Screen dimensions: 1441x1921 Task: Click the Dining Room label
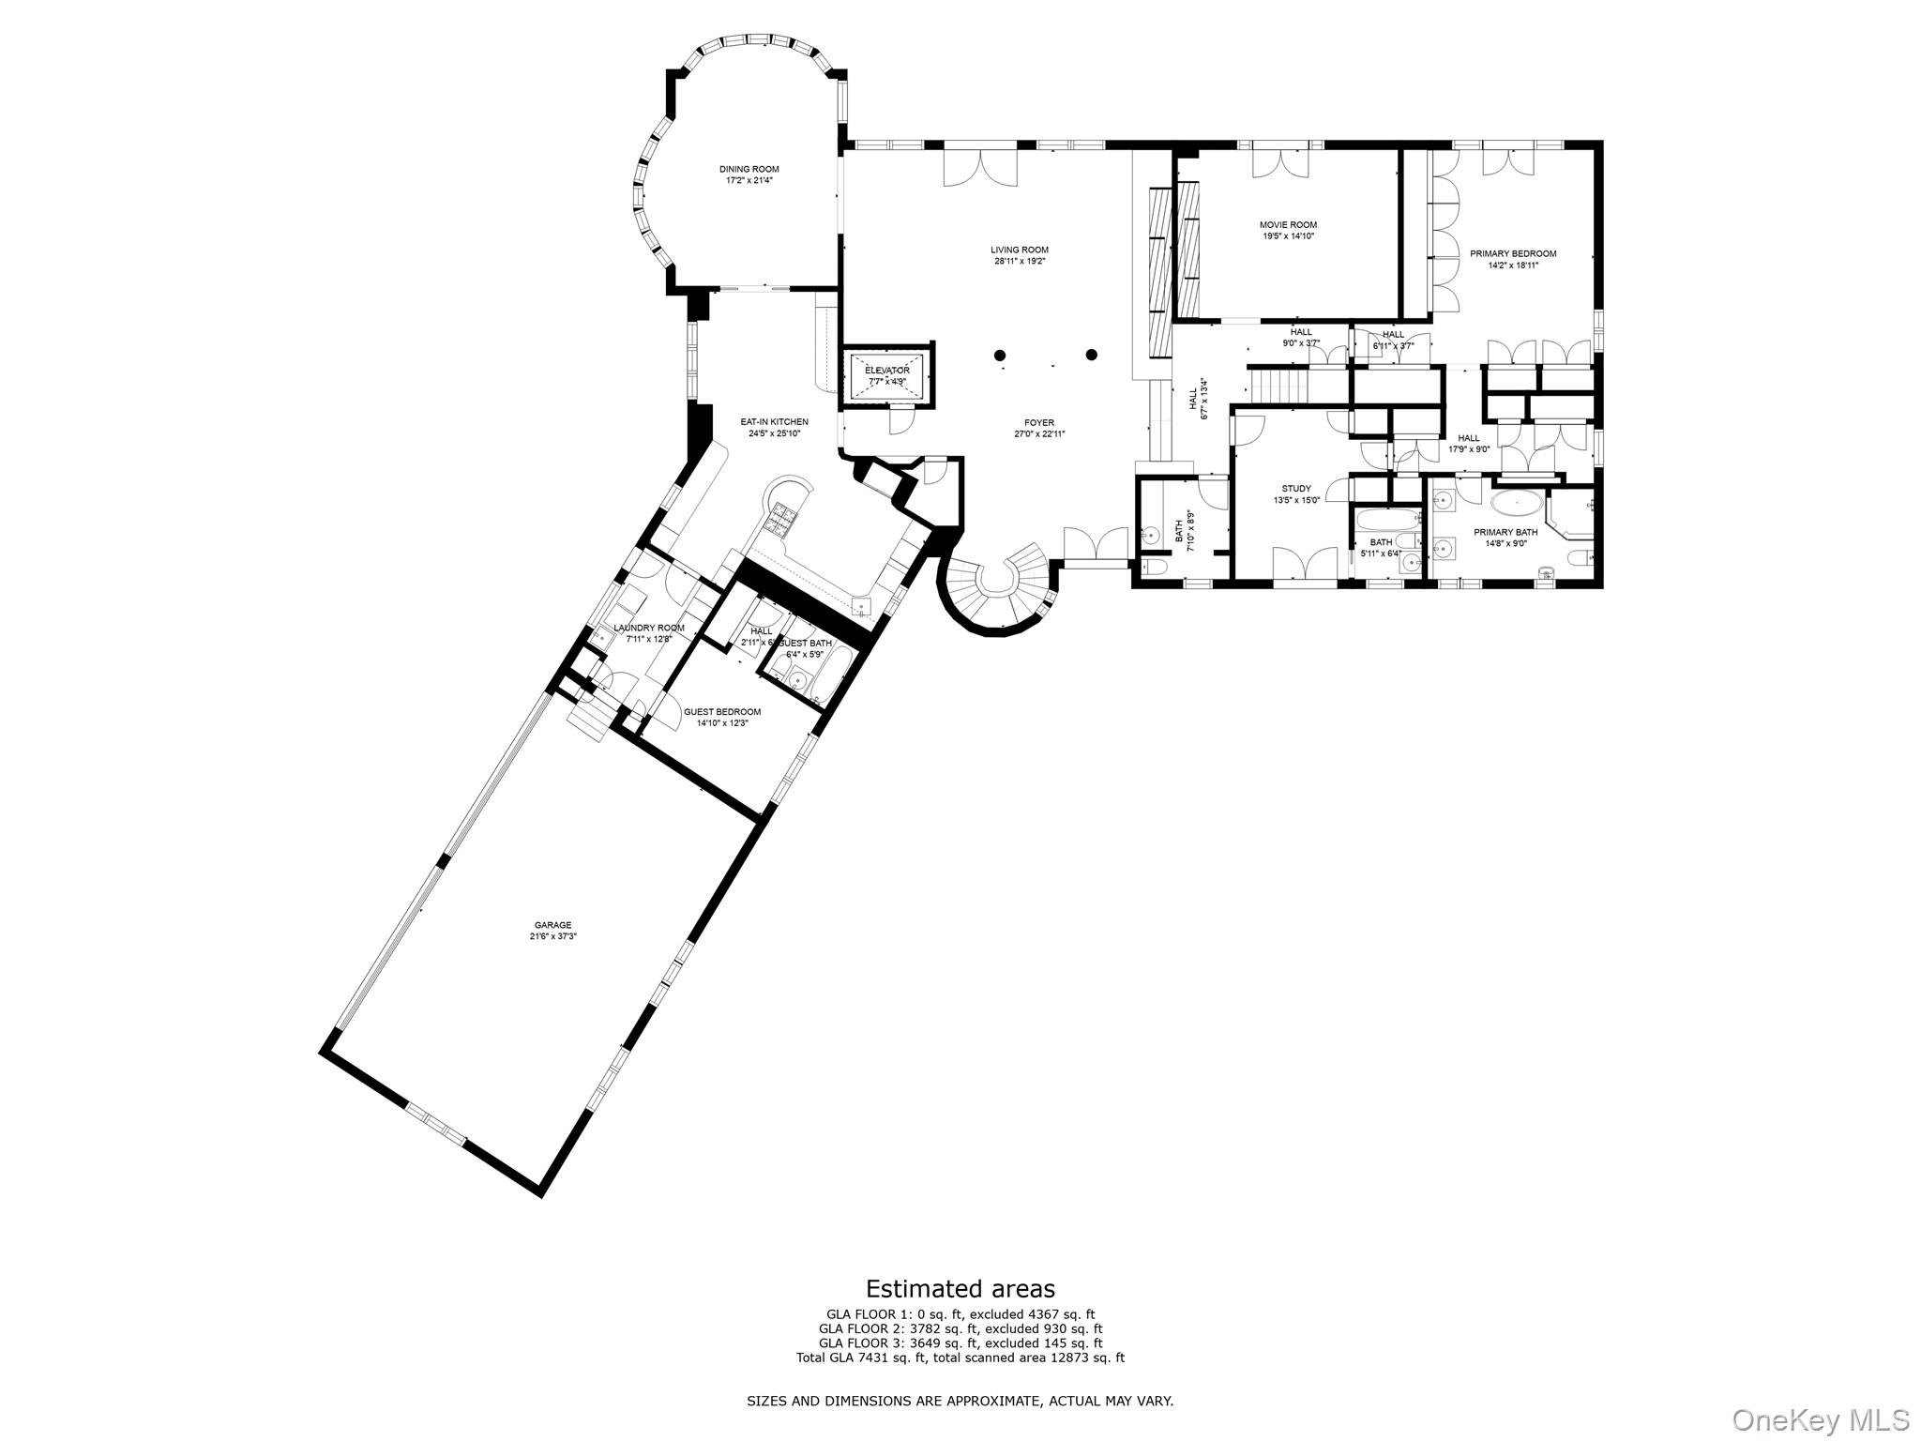pyautogui.click(x=749, y=169)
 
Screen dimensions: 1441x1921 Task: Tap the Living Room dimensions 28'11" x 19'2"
pyautogui.click(x=1020, y=262)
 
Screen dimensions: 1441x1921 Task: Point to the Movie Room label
pyautogui.click(x=1288, y=225)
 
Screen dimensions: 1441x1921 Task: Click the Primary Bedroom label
pyautogui.click(x=1512, y=253)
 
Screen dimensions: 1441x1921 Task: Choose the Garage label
pyautogui.click(x=552, y=925)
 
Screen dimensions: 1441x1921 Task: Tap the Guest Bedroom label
pyautogui.click(x=721, y=712)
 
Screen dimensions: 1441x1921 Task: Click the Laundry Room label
pyautogui.click(x=648, y=628)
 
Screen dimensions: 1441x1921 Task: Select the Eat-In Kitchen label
pyautogui.click(x=774, y=422)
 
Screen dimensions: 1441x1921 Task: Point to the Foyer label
pyautogui.click(x=1039, y=423)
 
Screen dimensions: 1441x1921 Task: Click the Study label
pyautogui.click(x=1296, y=489)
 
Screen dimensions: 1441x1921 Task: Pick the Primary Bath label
pyautogui.click(x=1505, y=532)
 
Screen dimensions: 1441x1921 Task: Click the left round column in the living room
pyautogui.click(x=1001, y=355)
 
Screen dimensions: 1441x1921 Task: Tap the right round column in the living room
pyautogui.click(x=1092, y=355)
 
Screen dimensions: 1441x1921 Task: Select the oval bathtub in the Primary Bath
pyautogui.click(x=1517, y=504)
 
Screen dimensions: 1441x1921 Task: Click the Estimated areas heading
pyautogui.click(x=960, y=1289)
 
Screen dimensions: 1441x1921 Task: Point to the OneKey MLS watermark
pyautogui.click(x=1820, y=1419)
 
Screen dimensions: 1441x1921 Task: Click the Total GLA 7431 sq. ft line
pyautogui.click(x=960, y=1358)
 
